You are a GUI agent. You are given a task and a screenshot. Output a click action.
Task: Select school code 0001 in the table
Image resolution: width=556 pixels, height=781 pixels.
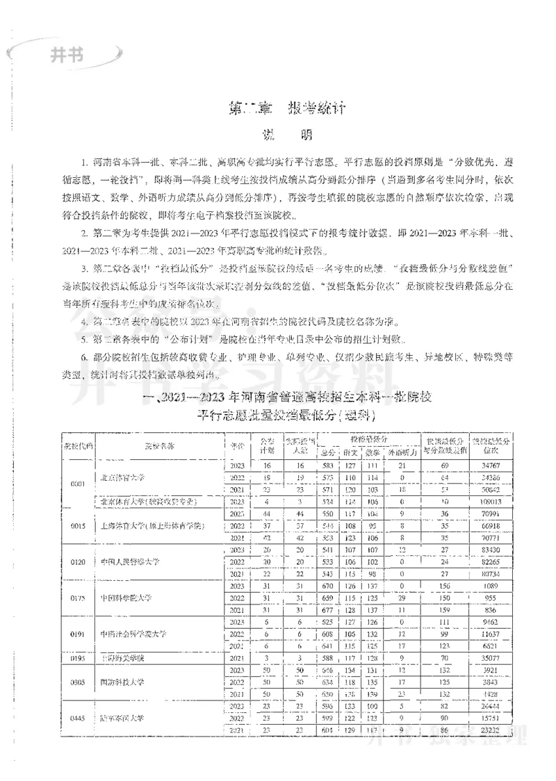tap(78, 482)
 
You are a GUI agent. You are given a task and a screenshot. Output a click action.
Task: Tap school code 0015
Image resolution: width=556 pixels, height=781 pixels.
tap(78, 526)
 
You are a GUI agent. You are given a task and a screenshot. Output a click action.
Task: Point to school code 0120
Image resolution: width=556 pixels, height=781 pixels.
tap(78, 561)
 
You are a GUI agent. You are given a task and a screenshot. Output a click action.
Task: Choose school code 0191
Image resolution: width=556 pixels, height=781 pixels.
tap(78, 634)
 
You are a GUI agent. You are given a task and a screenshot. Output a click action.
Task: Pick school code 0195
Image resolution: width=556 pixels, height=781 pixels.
tap(78, 657)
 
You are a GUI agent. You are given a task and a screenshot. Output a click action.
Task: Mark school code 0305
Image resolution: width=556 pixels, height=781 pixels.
tap(78, 682)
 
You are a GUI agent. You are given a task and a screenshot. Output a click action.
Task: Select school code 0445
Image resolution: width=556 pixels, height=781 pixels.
tap(78, 718)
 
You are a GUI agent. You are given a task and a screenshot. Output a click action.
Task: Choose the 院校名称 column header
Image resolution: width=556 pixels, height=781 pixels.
tap(159, 445)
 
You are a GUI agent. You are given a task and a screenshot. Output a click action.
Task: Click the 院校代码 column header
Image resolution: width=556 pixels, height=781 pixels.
tap(78, 445)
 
